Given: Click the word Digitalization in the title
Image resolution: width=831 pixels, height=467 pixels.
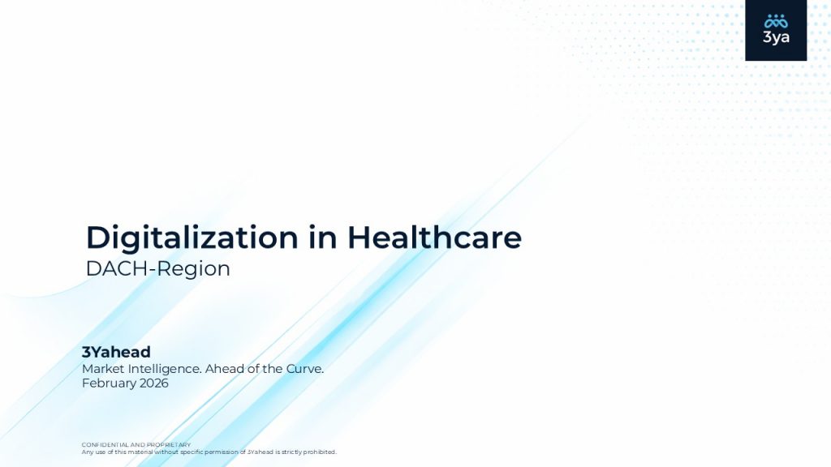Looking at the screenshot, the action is pos(192,238).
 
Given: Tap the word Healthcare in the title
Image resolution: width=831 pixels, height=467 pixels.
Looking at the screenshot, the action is pos(435,237).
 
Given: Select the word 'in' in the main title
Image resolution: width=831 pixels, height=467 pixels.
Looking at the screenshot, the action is pos(323,237).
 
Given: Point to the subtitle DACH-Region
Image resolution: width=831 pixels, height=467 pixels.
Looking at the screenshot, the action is pos(158,269).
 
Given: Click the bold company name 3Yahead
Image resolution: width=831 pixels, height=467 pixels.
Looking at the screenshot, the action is pos(116,352).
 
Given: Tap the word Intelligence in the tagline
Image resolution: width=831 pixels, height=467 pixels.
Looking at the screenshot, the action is pos(165,369).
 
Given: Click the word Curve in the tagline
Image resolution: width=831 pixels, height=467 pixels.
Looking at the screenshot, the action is pos(305,369).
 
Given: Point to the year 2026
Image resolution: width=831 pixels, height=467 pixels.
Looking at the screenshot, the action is pos(154,383).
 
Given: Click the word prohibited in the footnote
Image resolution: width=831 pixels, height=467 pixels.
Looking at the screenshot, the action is pos(320,452).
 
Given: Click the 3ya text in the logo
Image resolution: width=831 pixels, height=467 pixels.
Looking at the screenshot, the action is pos(776,37).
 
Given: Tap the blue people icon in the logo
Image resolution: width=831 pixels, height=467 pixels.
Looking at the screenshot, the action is pos(776,21).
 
